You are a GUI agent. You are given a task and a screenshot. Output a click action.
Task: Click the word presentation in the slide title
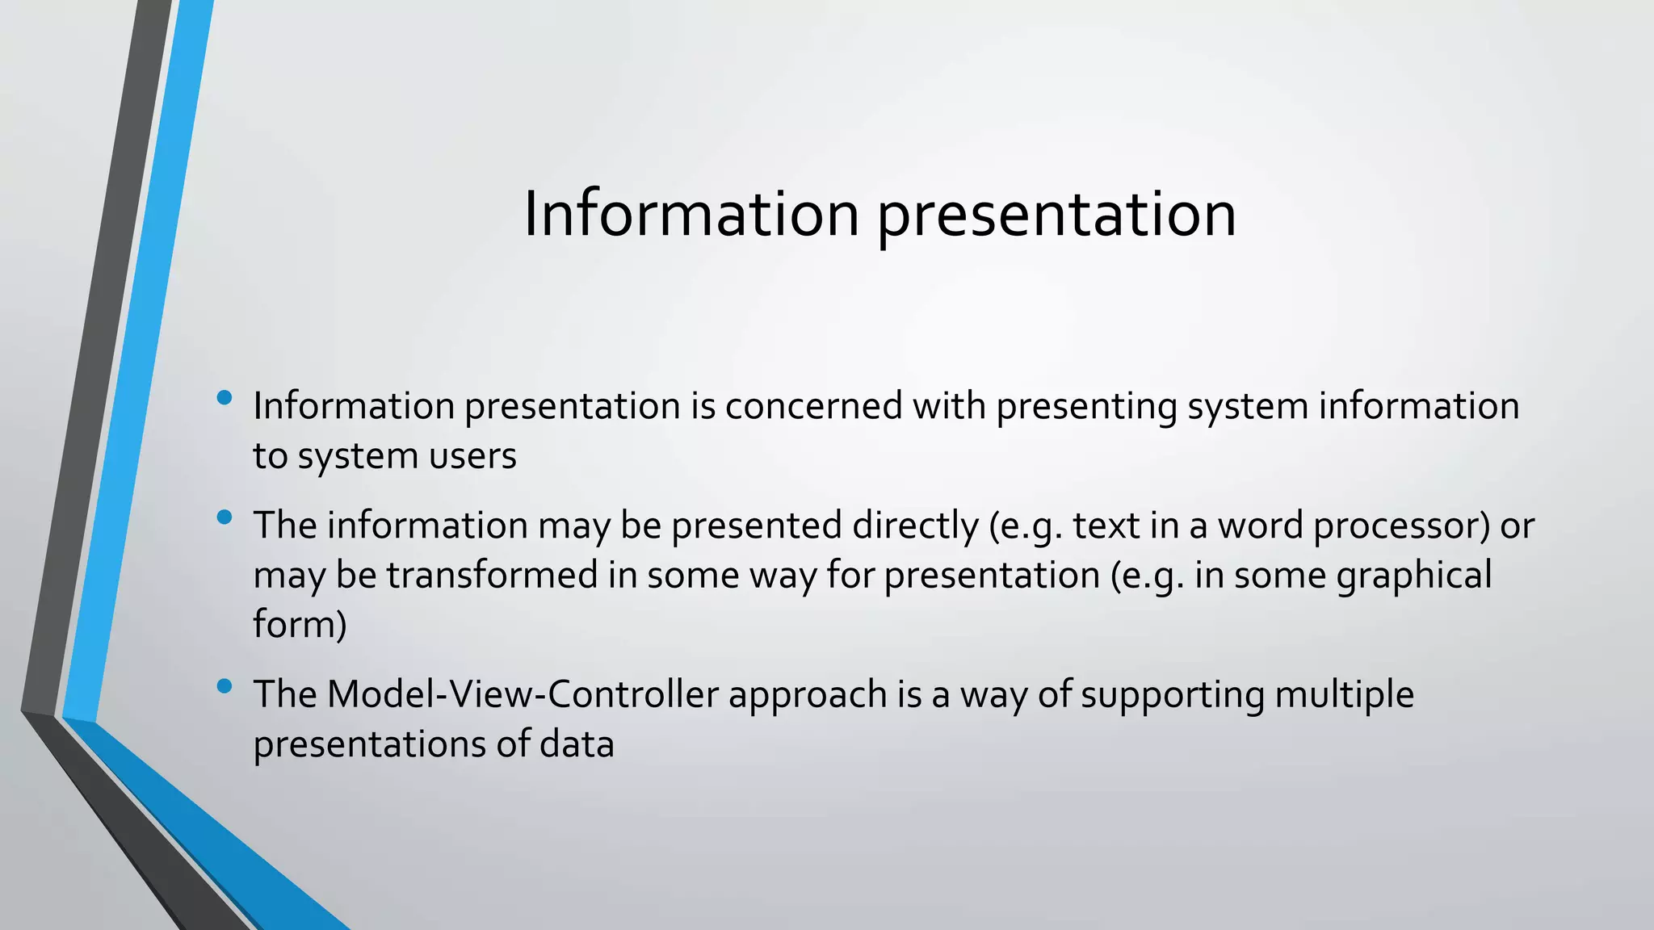click(x=1056, y=216)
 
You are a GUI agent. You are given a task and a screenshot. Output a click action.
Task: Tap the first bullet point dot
click(x=225, y=397)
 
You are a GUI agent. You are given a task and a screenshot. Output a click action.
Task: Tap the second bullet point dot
click(x=225, y=517)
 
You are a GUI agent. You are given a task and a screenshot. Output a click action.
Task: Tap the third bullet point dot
click(x=225, y=686)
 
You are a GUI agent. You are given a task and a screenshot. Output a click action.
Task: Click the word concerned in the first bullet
click(x=813, y=406)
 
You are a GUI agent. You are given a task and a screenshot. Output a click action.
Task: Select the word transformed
click(x=491, y=576)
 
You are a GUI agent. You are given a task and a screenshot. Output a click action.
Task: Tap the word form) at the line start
click(x=300, y=625)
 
